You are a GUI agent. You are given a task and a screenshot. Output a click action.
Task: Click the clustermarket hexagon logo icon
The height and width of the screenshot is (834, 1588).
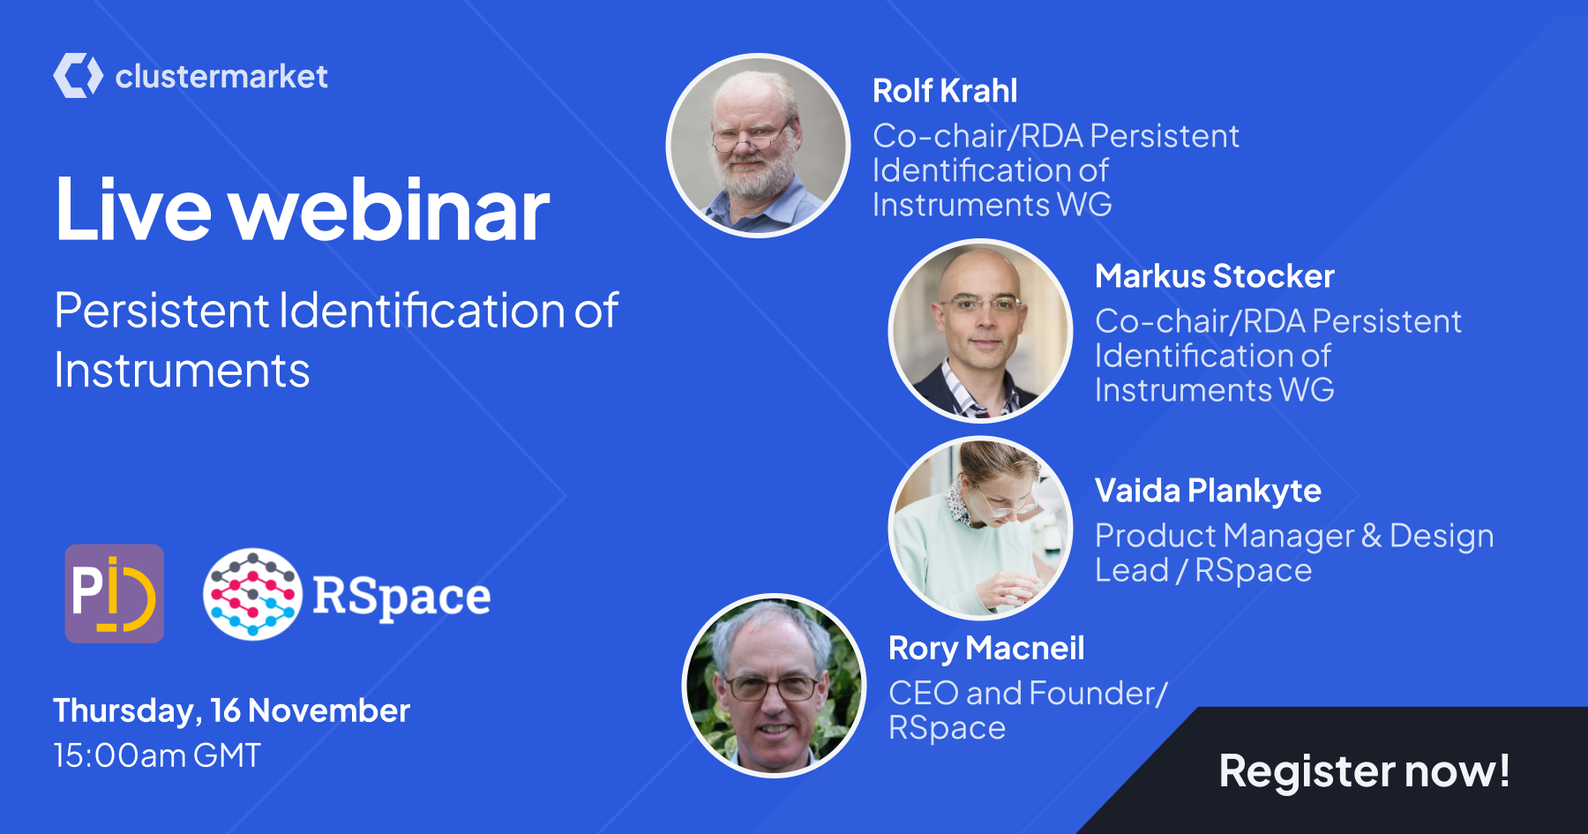(x=79, y=75)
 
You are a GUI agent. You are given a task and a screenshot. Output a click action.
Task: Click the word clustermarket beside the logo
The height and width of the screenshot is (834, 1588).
(x=221, y=76)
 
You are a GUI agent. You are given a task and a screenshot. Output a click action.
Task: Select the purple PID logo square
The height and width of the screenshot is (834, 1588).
(x=115, y=593)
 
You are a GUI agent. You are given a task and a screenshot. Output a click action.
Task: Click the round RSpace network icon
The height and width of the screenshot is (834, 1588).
(x=253, y=594)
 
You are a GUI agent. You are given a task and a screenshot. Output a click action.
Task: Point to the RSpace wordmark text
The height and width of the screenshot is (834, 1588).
(x=401, y=597)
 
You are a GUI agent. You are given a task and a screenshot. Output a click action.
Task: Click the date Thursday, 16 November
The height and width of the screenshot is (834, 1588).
(x=231, y=711)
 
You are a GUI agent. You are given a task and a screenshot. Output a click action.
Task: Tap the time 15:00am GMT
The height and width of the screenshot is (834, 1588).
(x=157, y=755)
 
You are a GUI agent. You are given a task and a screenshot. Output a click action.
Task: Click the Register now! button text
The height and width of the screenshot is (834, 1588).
(x=1364, y=770)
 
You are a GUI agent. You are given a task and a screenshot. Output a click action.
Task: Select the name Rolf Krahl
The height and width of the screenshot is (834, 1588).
(x=945, y=90)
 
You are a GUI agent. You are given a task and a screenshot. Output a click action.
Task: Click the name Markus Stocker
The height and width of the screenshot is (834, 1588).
(x=1215, y=276)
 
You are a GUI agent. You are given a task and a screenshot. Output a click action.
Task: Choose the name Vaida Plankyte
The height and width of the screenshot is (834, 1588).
(x=1208, y=491)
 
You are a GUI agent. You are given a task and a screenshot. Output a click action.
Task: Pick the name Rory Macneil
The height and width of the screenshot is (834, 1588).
(x=986, y=649)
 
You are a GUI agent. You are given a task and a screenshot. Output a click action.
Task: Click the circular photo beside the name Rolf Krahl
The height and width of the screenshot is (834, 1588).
(x=758, y=146)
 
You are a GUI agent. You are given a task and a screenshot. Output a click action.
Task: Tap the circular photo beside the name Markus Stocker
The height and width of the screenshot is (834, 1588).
(x=980, y=331)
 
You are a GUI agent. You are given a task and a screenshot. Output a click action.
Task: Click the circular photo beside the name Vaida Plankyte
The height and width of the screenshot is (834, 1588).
(x=980, y=528)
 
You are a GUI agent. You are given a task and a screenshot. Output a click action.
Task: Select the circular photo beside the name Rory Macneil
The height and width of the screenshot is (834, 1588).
(x=775, y=686)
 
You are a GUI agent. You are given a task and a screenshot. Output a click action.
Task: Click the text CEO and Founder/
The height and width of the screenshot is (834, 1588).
(x=1028, y=694)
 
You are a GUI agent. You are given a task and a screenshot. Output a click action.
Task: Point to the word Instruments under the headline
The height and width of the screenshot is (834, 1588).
(x=182, y=371)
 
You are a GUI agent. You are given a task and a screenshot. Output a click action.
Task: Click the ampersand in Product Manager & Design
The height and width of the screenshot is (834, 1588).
(x=1372, y=536)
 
